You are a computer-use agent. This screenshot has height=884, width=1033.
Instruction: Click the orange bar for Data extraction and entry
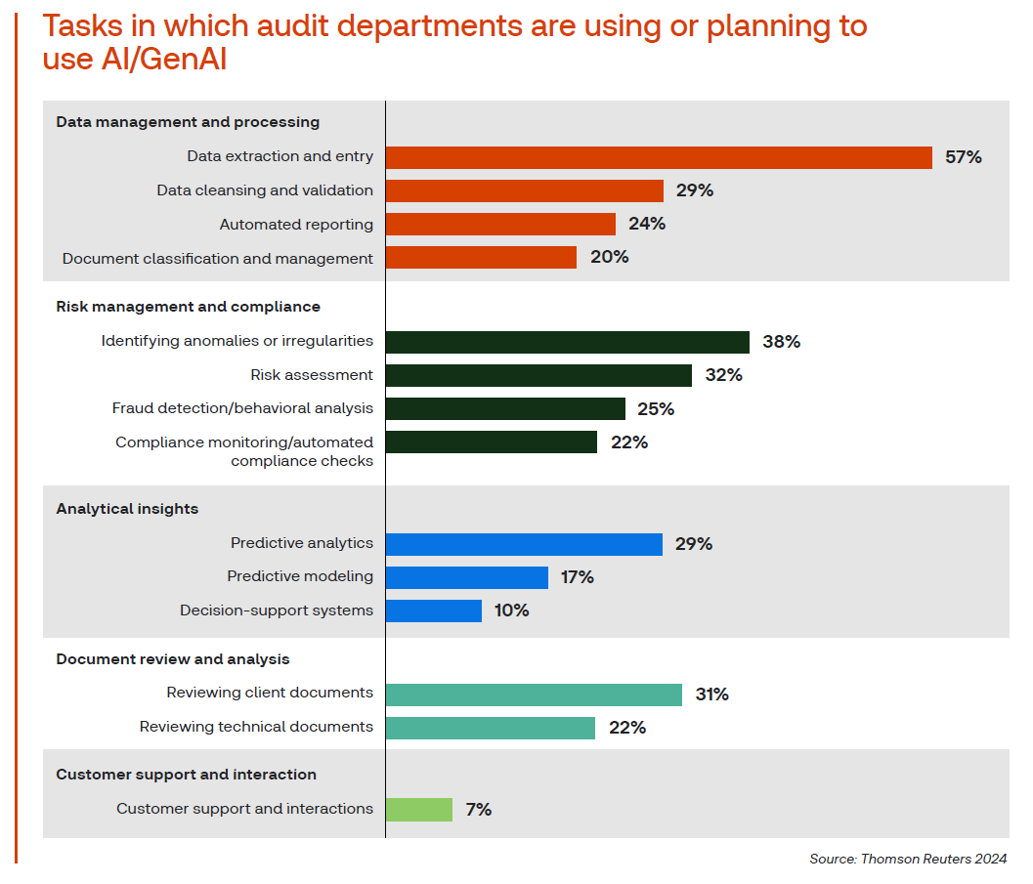(659, 157)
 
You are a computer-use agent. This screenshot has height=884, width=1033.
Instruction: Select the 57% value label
(963, 157)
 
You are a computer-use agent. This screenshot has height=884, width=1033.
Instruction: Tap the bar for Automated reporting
(500, 225)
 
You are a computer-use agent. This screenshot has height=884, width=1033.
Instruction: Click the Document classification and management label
(217, 259)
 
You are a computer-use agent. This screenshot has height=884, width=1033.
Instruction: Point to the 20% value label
(609, 258)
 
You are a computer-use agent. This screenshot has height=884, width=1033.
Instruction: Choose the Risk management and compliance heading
(188, 307)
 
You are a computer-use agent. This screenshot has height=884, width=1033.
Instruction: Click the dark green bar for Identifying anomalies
(567, 342)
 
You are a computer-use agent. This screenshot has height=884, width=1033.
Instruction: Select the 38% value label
(781, 342)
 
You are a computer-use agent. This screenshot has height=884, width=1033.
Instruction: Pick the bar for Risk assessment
(538, 375)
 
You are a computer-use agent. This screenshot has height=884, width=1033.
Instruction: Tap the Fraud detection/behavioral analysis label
(242, 408)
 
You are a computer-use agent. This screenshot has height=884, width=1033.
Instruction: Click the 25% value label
(655, 409)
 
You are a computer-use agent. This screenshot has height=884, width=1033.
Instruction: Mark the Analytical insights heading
(127, 509)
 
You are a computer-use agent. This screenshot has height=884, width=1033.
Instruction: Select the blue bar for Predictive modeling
(466, 577)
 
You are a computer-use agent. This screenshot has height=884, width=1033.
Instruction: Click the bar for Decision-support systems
(433, 610)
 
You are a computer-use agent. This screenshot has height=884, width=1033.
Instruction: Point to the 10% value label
(511, 610)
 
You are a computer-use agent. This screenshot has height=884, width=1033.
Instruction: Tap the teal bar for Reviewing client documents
(534, 695)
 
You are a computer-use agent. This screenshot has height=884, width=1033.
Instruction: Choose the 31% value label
(711, 695)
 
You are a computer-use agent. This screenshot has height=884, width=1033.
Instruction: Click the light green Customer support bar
(418, 810)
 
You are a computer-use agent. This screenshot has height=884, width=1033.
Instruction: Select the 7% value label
(478, 810)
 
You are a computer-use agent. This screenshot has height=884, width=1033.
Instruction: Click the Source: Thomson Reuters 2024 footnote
(907, 859)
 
